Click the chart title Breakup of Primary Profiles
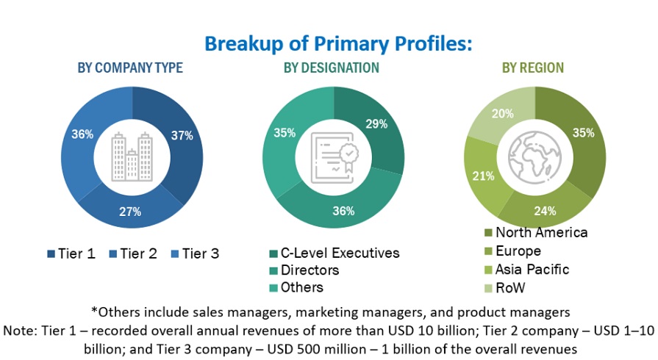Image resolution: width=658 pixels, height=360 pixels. point(337,43)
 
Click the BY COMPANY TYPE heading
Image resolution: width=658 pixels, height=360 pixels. point(130,68)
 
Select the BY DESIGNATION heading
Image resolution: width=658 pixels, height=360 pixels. point(332,68)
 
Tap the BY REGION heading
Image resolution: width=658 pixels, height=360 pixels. point(533,68)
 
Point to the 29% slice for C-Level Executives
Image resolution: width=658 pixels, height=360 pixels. point(376,125)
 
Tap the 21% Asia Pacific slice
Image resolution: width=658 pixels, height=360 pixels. point(483,176)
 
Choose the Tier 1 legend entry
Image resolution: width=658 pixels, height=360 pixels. point(71,254)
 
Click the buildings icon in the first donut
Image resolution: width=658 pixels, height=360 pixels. point(131,156)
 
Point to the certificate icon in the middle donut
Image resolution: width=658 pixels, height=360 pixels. point(332,156)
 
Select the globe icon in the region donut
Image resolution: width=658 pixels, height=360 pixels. point(534,156)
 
